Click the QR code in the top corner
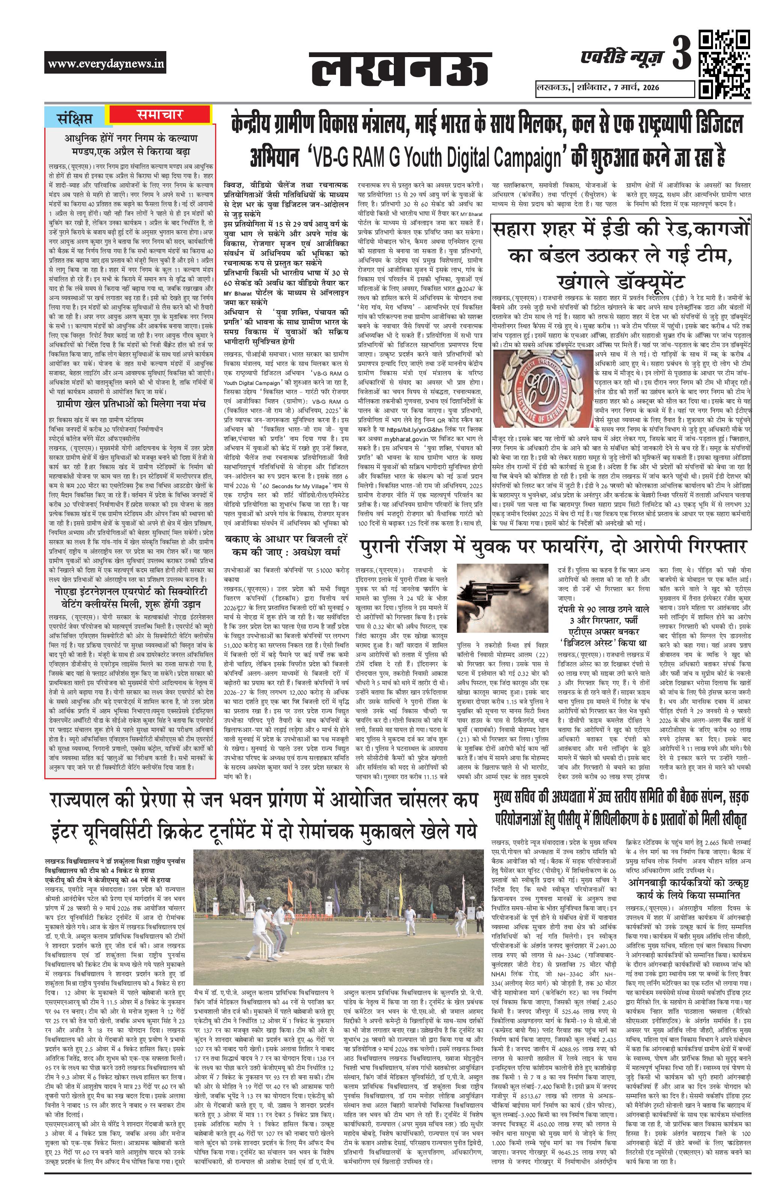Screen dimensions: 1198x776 [724, 65]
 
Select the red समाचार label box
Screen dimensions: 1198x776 [160, 115]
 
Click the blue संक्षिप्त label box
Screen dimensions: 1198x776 [75, 118]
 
